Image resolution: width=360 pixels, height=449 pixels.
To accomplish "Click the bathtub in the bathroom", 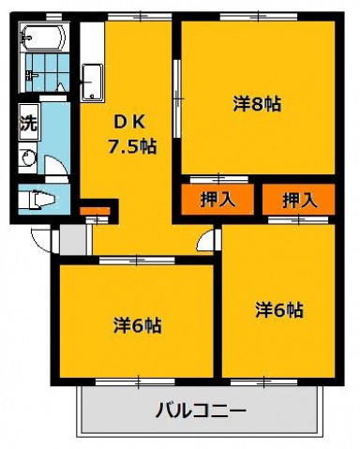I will [43, 39].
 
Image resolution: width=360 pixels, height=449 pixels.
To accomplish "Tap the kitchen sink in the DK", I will [93, 79].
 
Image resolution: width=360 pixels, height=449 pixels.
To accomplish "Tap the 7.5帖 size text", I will [132, 146].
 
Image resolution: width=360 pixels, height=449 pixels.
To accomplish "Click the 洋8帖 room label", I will [257, 104].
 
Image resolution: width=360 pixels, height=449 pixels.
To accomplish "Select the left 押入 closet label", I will [217, 199].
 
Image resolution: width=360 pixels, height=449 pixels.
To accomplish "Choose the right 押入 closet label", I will [299, 199].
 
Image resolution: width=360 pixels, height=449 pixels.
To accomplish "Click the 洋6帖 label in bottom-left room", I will [138, 325].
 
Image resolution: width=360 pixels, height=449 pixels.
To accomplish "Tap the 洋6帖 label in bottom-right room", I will [278, 308].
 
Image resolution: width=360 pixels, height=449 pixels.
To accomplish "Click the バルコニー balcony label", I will [201, 411].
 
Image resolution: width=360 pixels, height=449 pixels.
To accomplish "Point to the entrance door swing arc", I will [41, 239].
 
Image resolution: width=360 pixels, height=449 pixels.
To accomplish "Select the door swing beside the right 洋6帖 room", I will [206, 239].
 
